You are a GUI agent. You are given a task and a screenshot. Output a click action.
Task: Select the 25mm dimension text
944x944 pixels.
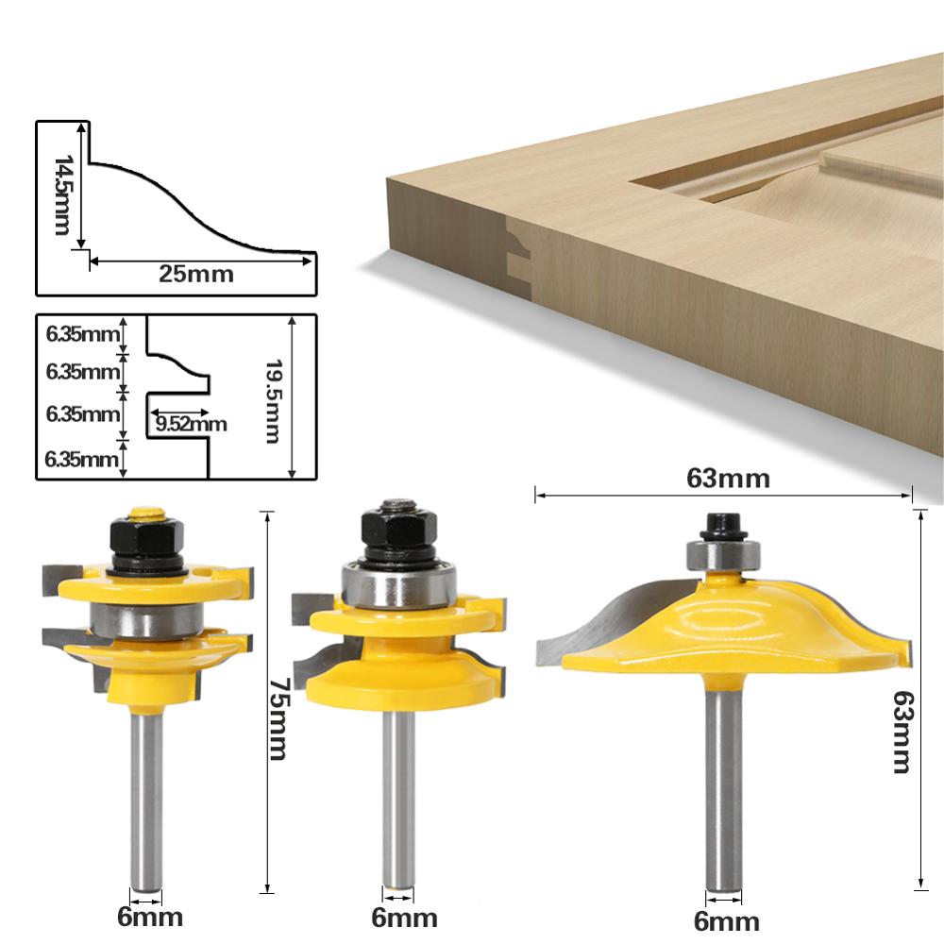click(x=195, y=275)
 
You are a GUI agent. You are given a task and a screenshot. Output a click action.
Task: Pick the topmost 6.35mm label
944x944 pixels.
click(x=83, y=333)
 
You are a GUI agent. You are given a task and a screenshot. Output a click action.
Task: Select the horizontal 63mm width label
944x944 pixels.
click(x=728, y=479)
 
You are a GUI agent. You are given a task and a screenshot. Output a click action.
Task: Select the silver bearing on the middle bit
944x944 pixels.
click(x=396, y=586)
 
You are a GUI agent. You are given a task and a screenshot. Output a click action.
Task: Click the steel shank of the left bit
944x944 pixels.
click(x=144, y=802)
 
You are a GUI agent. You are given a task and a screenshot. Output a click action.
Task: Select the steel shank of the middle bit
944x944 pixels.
click(x=397, y=802)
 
